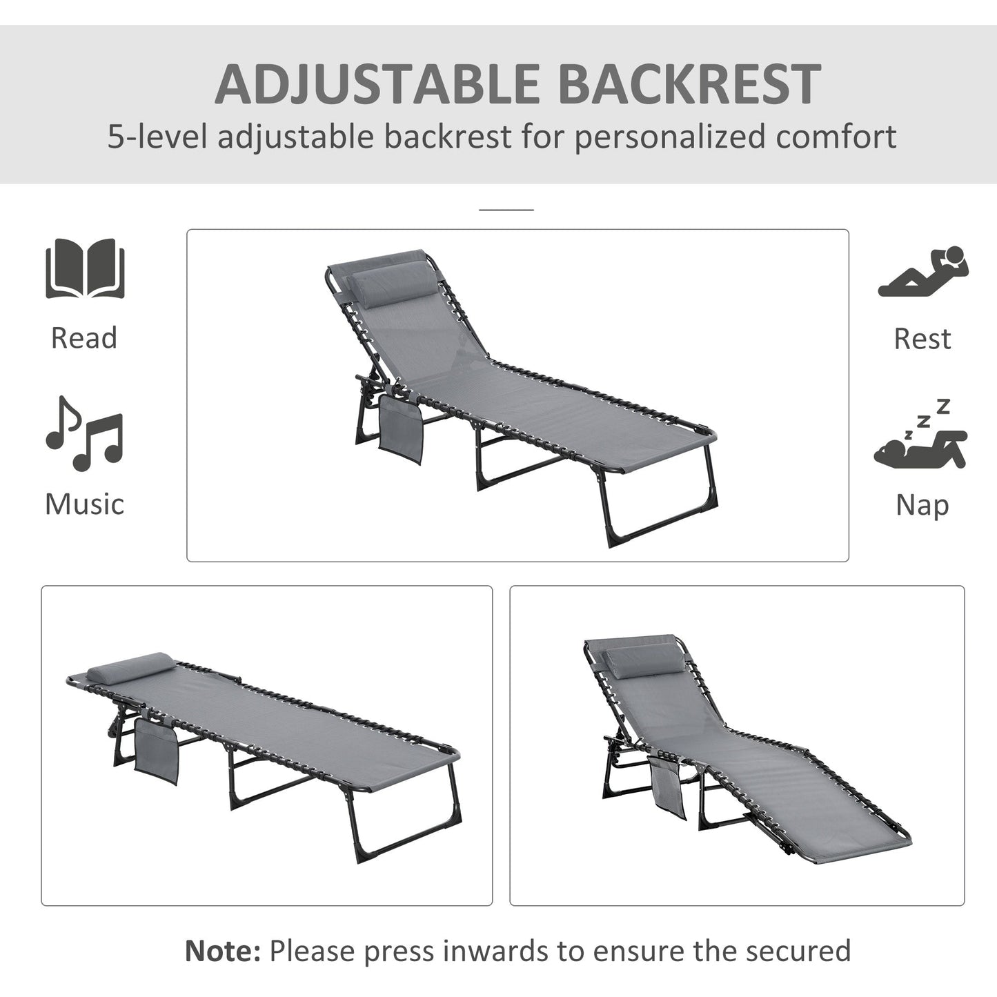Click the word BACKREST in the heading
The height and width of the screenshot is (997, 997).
click(x=688, y=83)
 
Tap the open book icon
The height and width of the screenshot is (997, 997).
click(x=85, y=269)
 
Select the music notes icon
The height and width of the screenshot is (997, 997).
click(x=84, y=433)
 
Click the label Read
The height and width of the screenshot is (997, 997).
click(x=84, y=338)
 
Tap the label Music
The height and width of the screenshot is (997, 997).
click(x=84, y=504)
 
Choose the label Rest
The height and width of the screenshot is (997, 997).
click(x=922, y=339)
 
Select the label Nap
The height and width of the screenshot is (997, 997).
click(x=922, y=505)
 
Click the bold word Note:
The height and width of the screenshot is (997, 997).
click(x=222, y=950)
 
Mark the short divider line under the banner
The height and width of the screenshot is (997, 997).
click(x=506, y=208)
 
